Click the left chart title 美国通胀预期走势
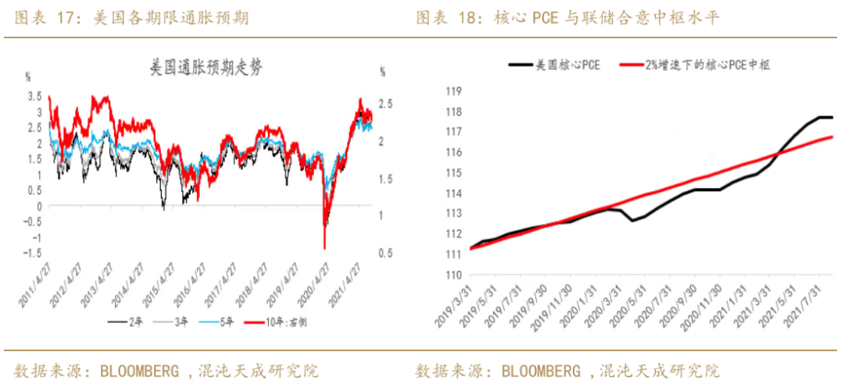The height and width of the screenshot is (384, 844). pyautogui.click(x=207, y=69)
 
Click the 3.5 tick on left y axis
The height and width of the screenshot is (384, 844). pyautogui.click(x=34, y=96)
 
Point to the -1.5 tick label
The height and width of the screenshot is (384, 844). pyautogui.click(x=32, y=253)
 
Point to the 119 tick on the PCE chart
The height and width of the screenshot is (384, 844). pyautogui.click(x=454, y=91)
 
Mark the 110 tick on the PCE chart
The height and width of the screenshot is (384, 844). pyautogui.click(x=454, y=274)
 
